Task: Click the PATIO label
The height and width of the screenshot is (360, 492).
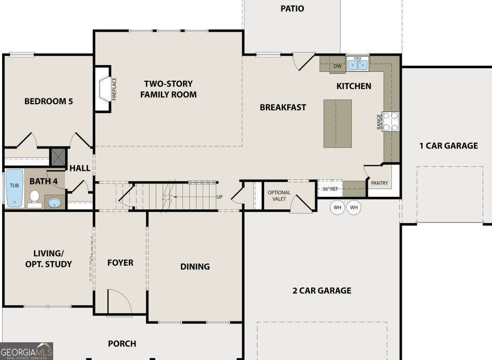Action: (292, 8)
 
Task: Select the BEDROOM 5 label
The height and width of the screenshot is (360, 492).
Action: (48, 101)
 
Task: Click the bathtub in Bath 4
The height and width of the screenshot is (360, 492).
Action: (14, 188)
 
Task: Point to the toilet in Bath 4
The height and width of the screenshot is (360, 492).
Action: (35, 198)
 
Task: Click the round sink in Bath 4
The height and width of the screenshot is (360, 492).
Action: (54, 202)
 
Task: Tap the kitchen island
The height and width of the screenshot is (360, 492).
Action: (337, 123)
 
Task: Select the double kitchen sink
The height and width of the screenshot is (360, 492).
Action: (358, 65)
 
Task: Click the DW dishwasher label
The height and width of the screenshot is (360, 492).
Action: (337, 66)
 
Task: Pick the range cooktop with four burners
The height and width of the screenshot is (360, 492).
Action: (391, 121)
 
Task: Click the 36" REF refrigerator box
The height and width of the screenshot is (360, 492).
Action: (330, 189)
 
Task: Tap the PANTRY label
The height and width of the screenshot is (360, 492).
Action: (379, 183)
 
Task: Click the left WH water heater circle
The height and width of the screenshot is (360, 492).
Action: (338, 208)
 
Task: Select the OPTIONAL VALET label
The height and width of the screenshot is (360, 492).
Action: (279, 196)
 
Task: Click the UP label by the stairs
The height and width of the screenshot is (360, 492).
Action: (219, 197)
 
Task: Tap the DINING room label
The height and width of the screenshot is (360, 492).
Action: (195, 266)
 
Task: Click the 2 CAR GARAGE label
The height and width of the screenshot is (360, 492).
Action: (322, 291)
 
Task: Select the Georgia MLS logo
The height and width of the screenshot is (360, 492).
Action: (27, 351)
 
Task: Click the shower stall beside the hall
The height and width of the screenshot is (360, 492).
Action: (57, 156)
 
